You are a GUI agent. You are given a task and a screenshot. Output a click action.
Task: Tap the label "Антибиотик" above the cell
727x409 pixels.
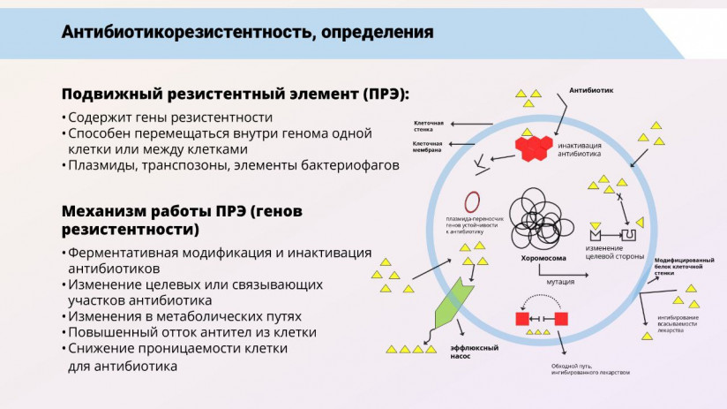click(591, 90)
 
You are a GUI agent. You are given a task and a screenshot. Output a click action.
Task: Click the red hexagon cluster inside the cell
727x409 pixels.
click(534, 148)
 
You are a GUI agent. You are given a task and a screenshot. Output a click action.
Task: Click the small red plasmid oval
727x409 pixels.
click(473, 202)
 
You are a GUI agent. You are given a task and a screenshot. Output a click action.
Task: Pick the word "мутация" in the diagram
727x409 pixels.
click(560, 283)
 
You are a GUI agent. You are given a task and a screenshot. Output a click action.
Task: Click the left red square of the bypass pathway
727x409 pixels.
click(522, 318)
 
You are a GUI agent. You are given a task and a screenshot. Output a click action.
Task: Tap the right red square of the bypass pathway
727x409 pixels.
click(561, 318)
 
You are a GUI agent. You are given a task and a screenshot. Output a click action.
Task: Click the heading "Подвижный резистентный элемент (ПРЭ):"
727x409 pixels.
click(236, 95)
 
